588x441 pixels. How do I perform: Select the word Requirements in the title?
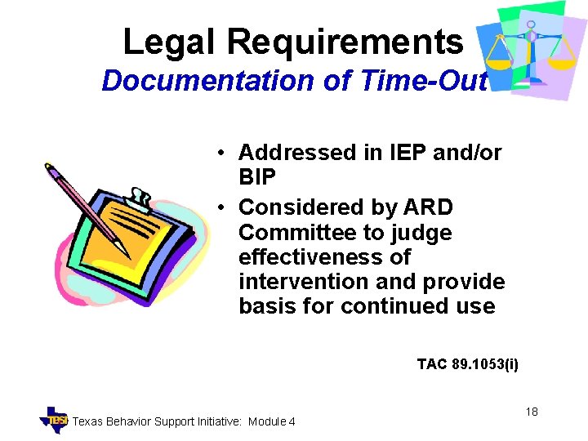pos(344,42)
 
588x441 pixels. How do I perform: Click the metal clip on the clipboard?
pos(140,198)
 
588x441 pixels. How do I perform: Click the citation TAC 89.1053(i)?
pos(467,364)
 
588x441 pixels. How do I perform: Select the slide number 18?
pos(532,412)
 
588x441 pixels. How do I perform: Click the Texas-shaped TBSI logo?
pos(55,419)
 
